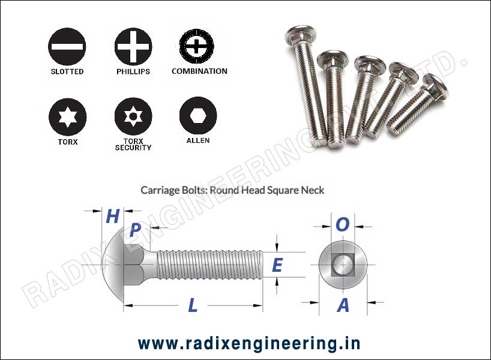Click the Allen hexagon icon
coord(197,114)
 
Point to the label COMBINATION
coord(199,71)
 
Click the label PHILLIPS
coord(133,71)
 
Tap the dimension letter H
coord(112,216)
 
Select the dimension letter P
coord(136,230)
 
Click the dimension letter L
coord(193,305)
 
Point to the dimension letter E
coord(277,265)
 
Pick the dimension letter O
coord(342,224)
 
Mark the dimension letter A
coord(343,305)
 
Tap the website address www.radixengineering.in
coord(249,343)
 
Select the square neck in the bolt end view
coord(340,265)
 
